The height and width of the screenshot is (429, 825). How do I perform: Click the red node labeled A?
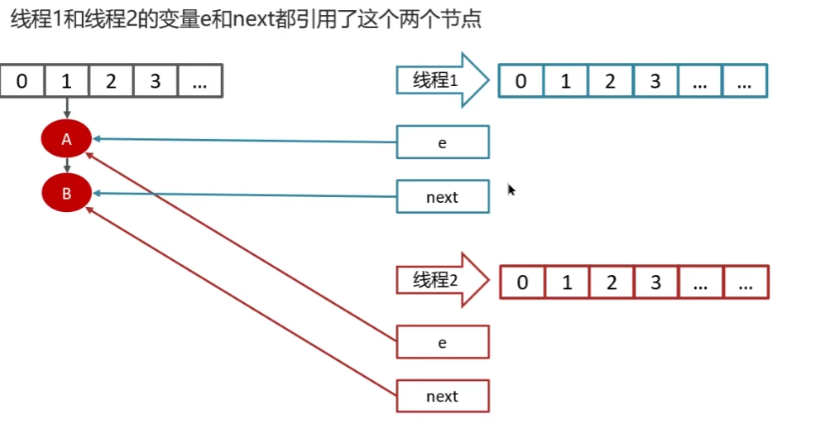click(66, 140)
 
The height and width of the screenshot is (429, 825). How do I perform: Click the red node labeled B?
click(66, 194)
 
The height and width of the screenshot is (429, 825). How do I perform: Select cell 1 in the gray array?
click(67, 81)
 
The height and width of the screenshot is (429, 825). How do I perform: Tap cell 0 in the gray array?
click(22, 81)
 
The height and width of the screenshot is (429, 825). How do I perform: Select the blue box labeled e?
click(443, 142)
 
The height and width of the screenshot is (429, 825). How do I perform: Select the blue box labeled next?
click(443, 197)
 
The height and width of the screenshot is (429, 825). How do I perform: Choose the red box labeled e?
click(443, 341)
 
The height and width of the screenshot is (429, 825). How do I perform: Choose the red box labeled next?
click(443, 396)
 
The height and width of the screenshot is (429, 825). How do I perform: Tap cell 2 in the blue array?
click(610, 81)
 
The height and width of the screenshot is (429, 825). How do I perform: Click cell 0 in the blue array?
click(520, 81)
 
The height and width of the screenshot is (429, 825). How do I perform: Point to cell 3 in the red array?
click(655, 282)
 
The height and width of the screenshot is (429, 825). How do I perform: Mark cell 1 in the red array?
click(567, 282)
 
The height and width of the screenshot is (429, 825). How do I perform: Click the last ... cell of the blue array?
click(745, 81)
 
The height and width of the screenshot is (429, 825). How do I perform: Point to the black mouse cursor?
click(511, 190)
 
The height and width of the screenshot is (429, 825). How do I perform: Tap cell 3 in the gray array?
click(156, 81)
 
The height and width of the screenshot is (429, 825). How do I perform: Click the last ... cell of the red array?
click(746, 282)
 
